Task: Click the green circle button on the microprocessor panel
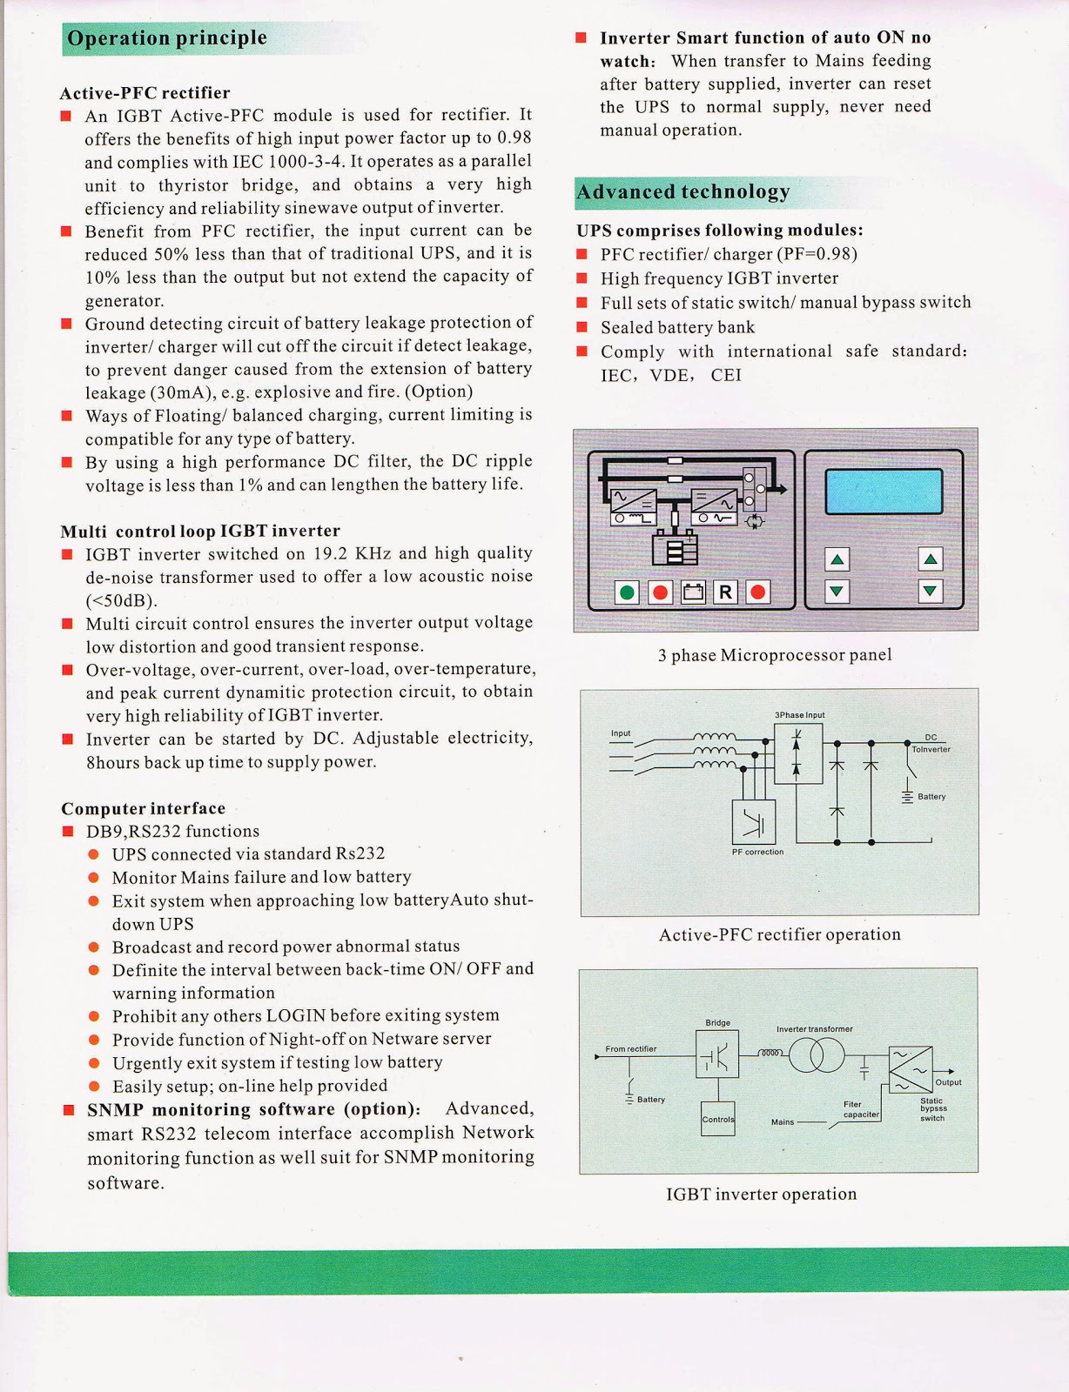coord(627,592)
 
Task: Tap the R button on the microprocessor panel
coord(725,592)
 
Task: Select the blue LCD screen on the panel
coord(884,492)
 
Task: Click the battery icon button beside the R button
coord(693,592)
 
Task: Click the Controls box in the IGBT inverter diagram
coord(718,1119)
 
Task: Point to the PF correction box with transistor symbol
coord(754,823)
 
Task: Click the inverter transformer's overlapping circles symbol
coord(817,1056)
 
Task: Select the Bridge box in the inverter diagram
coord(717,1054)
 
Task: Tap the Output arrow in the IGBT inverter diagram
coord(949,1071)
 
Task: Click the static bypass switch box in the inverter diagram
coord(911,1069)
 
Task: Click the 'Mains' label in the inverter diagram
coord(783,1121)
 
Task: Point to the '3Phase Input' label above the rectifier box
coord(799,715)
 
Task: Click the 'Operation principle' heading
coord(167,38)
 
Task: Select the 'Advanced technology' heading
coord(683,192)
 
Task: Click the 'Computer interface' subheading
coord(143,808)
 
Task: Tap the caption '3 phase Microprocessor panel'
coord(775,655)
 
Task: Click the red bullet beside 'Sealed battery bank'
coord(582,327)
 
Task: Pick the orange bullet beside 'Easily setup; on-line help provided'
coord(94,1086)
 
